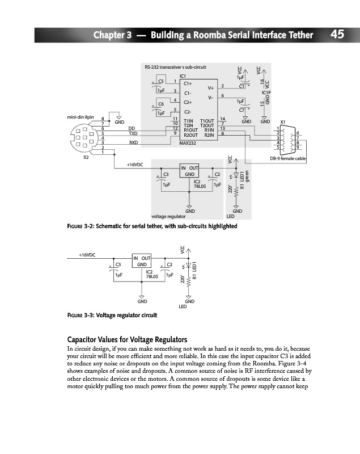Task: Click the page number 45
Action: point(337,35)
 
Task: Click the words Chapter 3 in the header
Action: point(113,35)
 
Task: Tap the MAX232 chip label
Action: point(187,143)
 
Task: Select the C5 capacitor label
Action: point(160,82)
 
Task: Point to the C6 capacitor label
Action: point(160,104)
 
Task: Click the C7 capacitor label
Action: point(242,110)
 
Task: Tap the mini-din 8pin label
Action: point(79,117)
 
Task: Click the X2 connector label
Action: point(86,157)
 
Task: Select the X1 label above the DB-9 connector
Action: point(283,122)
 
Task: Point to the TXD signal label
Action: point(134,133)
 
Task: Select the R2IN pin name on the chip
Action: point(209,135)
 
